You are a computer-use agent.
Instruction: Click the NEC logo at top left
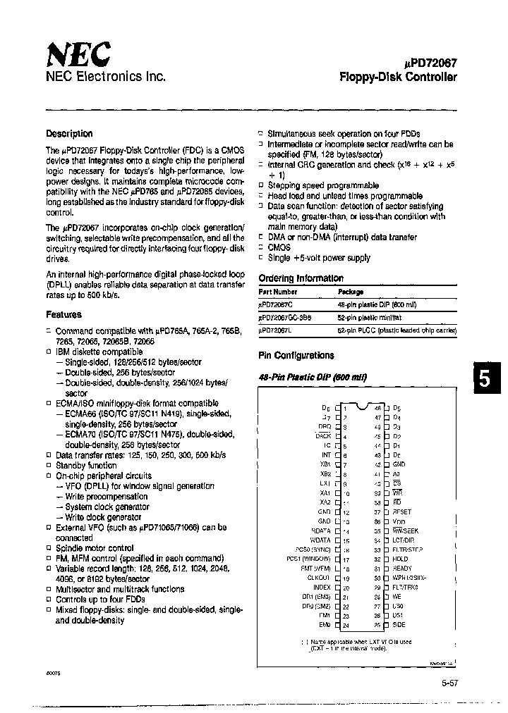pos(78,54)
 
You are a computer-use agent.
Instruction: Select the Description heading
pos(69,133)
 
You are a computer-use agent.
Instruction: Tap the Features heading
pos(64,314)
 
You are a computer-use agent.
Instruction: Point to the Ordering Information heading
pos(301,278)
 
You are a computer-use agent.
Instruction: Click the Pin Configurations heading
pos(296,356)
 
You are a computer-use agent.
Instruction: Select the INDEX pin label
pos(321,586)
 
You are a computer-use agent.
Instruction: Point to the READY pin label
pos(402,568)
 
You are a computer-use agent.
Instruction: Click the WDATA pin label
pos(320,540)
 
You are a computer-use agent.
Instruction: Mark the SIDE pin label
pos(399,625)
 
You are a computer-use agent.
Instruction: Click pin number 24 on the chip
pos(346,625)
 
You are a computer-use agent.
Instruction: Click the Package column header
pos(351,291)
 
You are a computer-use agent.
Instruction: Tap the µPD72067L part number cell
pos(277,330)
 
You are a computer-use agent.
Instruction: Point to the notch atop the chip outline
pos(361,406)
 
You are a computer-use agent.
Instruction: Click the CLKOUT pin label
pos(319,577)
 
